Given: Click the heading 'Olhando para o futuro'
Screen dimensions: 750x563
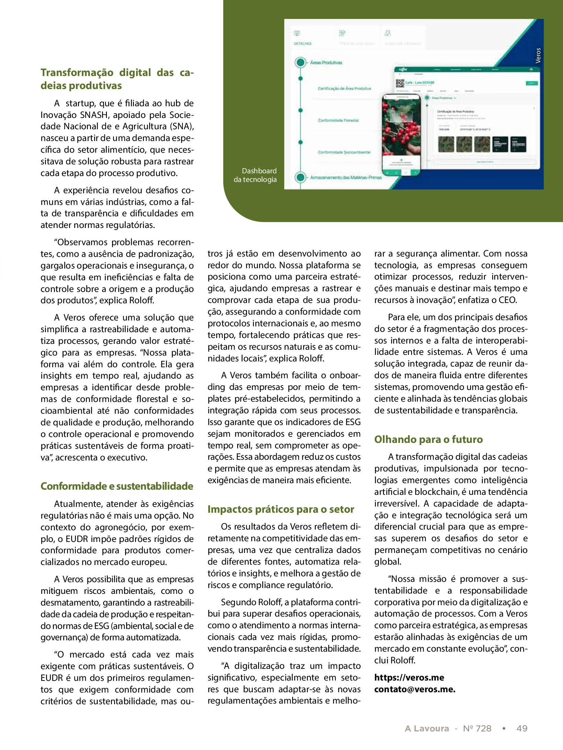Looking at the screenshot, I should pos(428,439).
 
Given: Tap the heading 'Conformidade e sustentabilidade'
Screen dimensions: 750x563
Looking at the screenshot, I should pos(117,486).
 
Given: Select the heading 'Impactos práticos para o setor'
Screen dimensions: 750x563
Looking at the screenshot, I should pos(280,509).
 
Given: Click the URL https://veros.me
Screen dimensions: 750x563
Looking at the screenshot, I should pos(409,677).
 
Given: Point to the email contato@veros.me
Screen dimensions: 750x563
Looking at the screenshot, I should pos(415,689).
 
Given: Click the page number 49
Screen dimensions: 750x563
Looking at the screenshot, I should pos(522,728).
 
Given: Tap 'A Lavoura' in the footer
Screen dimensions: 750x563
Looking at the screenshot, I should pos(427,728).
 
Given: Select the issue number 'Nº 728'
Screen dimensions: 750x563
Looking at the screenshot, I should pos(477,728).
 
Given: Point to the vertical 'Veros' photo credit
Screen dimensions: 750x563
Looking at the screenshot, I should pos(538,55).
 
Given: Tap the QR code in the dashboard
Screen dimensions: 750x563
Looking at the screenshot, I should pos(400,83).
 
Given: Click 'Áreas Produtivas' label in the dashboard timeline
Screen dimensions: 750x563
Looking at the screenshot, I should pos(326,63).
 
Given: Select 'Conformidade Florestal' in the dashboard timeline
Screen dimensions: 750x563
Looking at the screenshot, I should pos(338,120).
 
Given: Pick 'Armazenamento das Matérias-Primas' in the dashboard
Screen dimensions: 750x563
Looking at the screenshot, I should pos(345,177).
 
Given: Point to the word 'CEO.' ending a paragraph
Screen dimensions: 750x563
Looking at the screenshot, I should pos(508,300).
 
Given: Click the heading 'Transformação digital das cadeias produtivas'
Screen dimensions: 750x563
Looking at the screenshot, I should pos(117,79).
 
